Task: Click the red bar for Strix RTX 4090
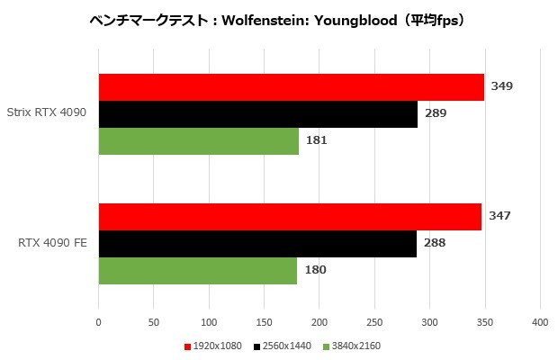tap(291, 87)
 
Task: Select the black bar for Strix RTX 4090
tap(257, 114)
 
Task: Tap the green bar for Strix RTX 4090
tap(198, 141)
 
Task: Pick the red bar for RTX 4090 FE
tap(290, 217)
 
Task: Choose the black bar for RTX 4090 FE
tap(257, 244)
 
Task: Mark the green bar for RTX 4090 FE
tap(197, 270)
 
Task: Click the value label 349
tap(502, 86)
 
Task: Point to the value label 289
tap(436, 113)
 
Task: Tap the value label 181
tap(317, 140)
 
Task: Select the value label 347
tap(499, 216)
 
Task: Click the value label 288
tap(435, 243)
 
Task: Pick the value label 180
tap(315, 270)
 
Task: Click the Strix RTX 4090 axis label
tap(53, 114)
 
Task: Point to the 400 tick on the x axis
tap(540, 322)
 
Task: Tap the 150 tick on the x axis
tap(265, 322)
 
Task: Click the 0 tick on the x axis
tap(99, 322)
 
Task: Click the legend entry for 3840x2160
tap(356, 346)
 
